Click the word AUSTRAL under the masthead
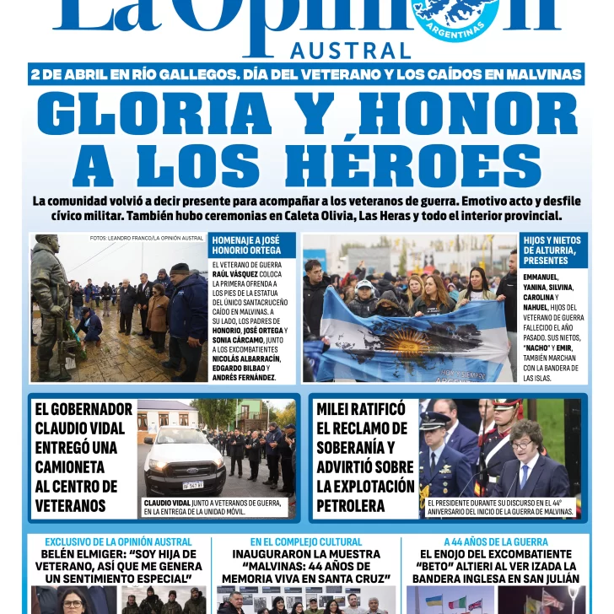pyautogui.click(x=351, y=51)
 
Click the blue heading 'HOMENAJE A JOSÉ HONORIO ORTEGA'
pyautogui.click(x=246, y=245)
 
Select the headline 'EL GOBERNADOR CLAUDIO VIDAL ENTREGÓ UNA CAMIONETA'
pyautogui.click(x=83, y=456)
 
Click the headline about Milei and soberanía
pyautogui.click(x=365, y=456)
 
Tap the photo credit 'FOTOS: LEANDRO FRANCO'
pyautogui.click(x=147, y=239)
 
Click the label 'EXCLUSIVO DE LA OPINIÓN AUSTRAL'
pyautogui.click(x=118, y=541)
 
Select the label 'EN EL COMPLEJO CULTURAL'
pyautogui.click(x=306, y=541)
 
